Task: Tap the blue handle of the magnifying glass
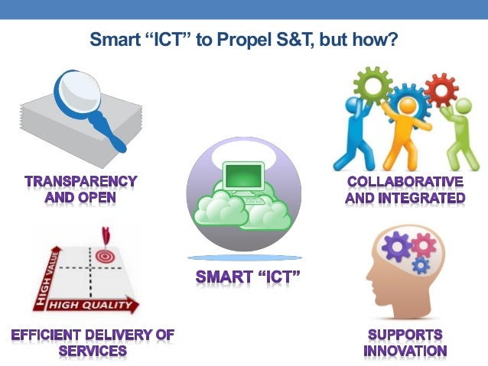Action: [x=114, y=138]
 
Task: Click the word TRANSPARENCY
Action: [x=80, y=182]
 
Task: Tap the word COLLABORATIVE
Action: [x=405, y=182]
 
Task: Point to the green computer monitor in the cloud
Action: [x=244, y=178]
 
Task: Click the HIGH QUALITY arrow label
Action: [x=90, y=305]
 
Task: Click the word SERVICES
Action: [x=93, y=351]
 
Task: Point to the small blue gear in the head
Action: [x=421, y=265]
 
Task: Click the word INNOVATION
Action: [x=405, y=351]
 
